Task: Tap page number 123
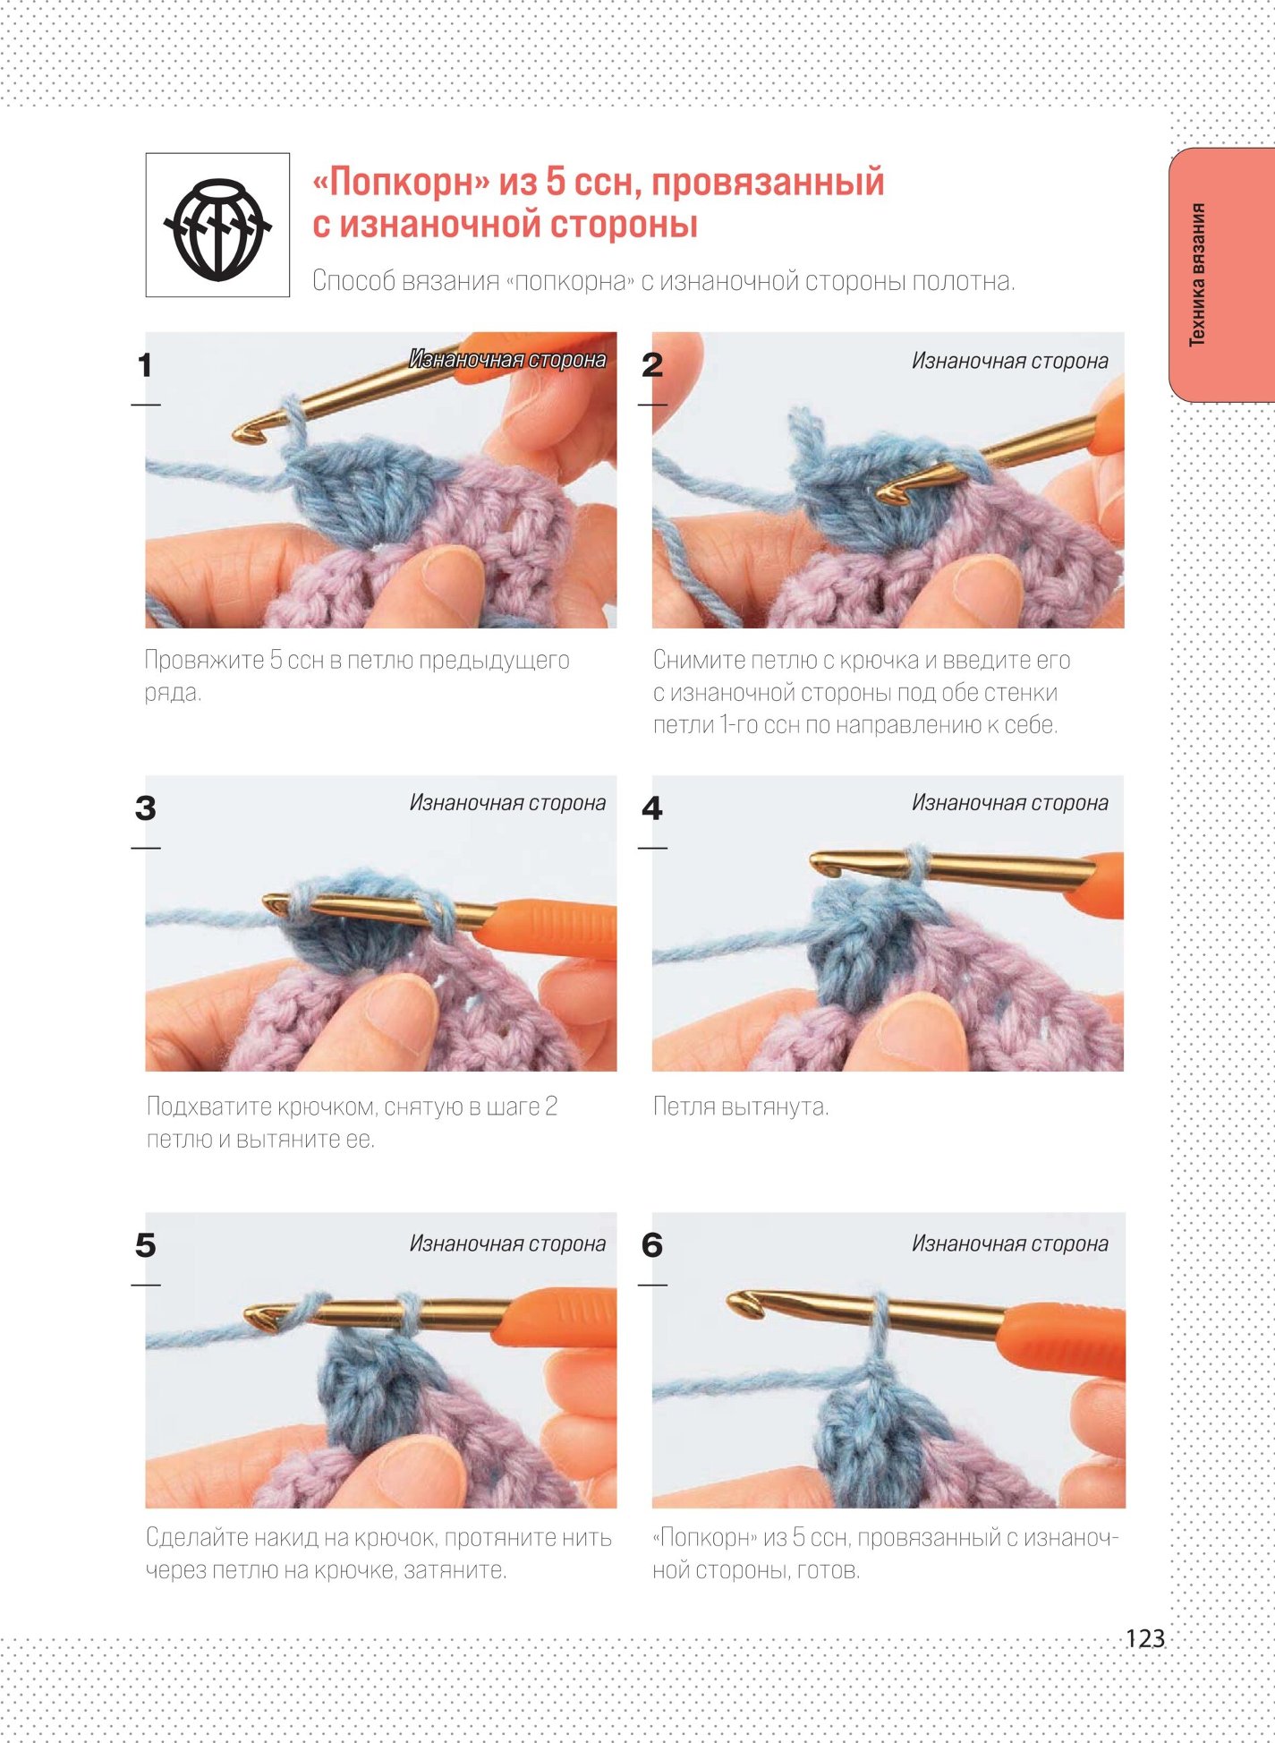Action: click(x=1144, y=1638)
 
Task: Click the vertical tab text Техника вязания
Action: click(x=1197, y=275)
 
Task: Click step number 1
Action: click(x=144, y=365)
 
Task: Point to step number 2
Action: click(x=652, y=365)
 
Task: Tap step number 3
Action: click(x=145, y=808)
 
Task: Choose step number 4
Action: click(x=652, y=808)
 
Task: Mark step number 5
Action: click(x=145, y=1245)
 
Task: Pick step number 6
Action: click(x=652, y=1245)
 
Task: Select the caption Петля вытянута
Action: click(x=741, y=1107)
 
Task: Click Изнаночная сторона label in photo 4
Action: click(x=1009, y=803)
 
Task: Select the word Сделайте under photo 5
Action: click(x=197, y=1538)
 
